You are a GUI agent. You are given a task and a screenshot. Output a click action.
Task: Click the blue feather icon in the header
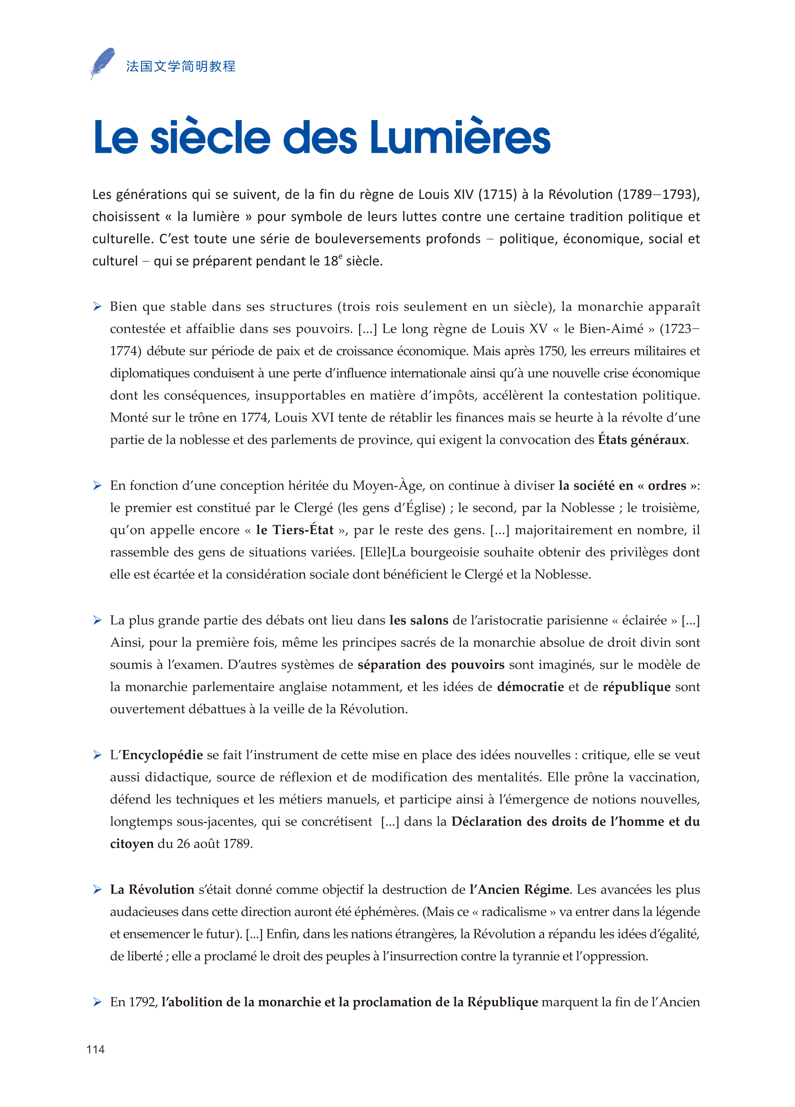[103, 63]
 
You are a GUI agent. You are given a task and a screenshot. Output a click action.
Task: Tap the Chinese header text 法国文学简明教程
[181, 66]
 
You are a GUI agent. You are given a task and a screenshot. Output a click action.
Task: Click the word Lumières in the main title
[460, 138]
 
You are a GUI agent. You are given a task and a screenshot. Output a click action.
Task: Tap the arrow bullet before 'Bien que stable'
[98, 306]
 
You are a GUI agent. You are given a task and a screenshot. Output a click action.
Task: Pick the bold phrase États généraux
[642, 440]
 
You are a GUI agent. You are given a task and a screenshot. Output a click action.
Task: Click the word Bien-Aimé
[611, 329]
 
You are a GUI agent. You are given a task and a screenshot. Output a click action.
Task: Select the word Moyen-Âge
[387, 485]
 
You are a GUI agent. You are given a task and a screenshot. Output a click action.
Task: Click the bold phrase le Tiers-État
[295, 530]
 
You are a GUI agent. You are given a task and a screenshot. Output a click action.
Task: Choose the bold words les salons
[419, 620]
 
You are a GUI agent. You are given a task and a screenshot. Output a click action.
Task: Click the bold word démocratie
[530, 687]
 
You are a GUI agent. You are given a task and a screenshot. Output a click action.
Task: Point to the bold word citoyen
[132, 844]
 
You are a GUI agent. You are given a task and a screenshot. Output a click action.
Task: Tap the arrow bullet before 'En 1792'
[98, 1002]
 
